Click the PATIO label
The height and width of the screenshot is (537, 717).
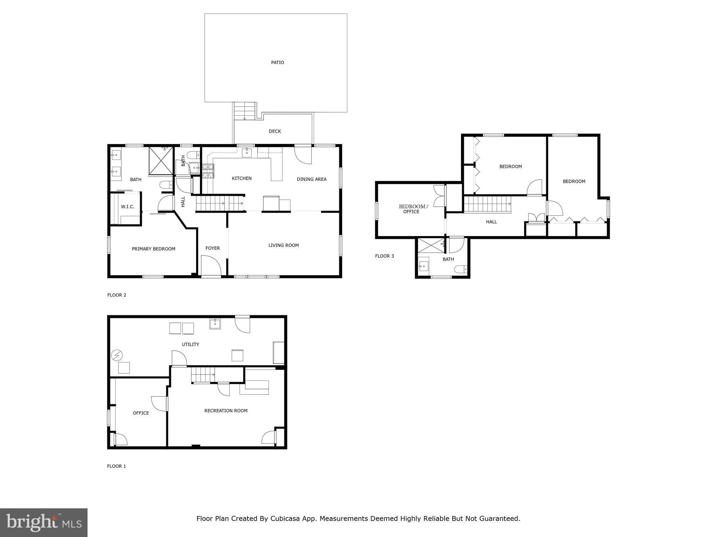point(277,63)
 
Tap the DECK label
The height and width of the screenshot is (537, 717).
point(275,131)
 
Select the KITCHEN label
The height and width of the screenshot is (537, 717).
point(242,178)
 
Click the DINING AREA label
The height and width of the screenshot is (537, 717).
point(312,179)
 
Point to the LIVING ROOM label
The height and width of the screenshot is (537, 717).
point(284,245)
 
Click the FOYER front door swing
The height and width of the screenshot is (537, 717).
point(211,266)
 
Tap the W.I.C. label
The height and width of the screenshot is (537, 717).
point(127,207)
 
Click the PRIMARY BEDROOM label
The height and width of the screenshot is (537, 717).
point(153,249)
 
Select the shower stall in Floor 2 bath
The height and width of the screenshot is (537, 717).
point(161,160)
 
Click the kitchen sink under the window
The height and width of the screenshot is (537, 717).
point(247,152)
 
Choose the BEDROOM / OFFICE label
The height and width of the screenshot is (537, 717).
point(413,209)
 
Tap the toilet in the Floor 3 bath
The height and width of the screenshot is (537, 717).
point(461,269)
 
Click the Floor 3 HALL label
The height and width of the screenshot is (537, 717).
point(491,222)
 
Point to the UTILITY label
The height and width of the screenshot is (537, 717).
point(190,344)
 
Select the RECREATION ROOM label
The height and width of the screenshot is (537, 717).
point(226,410)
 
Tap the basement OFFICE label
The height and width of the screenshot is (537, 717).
point(141,413)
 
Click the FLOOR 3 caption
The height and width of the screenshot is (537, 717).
point(384,256)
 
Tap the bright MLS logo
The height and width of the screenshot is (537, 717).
point(44,522)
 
